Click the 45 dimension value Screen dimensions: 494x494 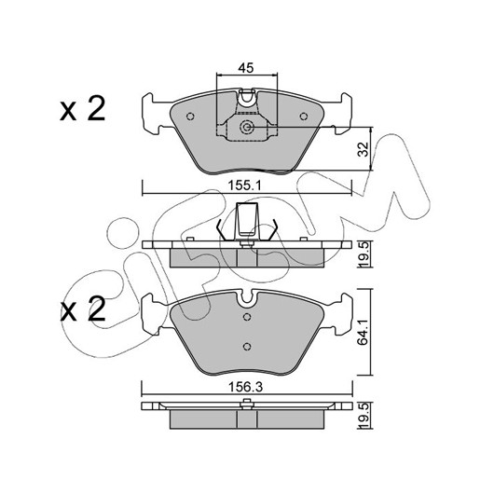coord(246,68)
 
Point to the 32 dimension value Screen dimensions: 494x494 coord(364,149)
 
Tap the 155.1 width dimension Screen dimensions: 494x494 coord(245,185)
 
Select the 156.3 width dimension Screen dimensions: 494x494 coord(245,387)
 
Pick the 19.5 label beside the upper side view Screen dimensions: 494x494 coord(364,254)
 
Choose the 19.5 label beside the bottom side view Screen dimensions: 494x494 coord(364,416)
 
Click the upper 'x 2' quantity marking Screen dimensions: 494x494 coord(83,109)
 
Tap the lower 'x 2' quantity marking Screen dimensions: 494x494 coord(83,309)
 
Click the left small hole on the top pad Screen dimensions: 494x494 coord(190,117)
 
